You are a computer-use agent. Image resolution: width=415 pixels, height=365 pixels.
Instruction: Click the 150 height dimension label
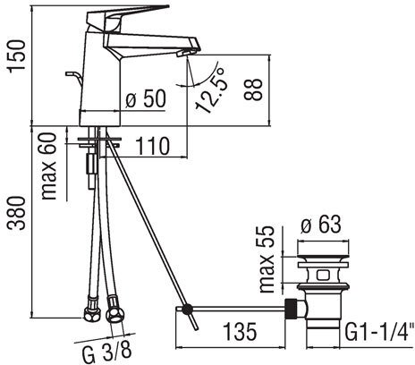(x=17, y=56)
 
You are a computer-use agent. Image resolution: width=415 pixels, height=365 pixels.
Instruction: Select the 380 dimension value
(x=17, y=213)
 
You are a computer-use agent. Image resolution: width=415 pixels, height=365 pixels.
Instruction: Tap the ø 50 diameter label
(x=146, y=98)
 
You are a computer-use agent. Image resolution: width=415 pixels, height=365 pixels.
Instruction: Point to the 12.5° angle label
(x=210, y=90)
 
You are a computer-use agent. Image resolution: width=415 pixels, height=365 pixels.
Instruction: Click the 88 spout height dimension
(x=254, y=89)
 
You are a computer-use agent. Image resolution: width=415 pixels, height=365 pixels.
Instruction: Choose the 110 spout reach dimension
(x=152, y=147)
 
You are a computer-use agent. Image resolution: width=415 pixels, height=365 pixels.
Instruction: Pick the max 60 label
(x=49, y=166)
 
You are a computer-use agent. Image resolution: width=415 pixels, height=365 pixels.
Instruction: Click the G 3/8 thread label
(x=106, y=351)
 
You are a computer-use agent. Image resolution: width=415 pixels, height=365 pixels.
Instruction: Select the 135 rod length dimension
(x=240, y=332)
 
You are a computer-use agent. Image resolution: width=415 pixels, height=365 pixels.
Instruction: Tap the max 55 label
(x=267, y=259)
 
